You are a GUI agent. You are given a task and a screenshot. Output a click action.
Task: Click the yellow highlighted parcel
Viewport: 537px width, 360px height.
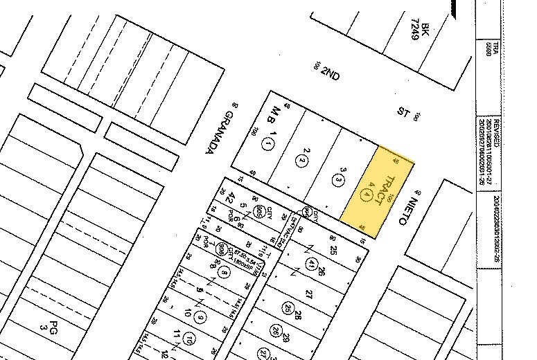378,192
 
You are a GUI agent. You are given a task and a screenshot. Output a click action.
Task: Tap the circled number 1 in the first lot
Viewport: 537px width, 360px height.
268,144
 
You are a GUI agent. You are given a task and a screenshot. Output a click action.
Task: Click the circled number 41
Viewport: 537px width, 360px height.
312,263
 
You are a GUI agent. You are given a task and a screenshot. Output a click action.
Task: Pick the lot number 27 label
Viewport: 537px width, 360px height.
308,294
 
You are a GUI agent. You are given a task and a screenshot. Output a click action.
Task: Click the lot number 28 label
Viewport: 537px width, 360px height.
297,316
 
